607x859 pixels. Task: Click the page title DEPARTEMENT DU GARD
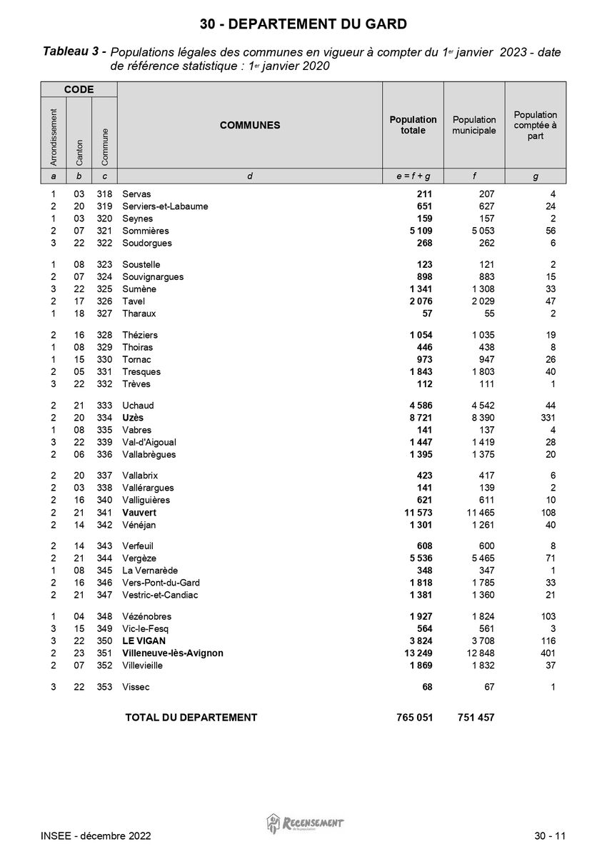(303, 24)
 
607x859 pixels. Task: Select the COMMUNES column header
(250, 125)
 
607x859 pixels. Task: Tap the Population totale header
(413, 125)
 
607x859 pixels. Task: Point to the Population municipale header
(474, 125)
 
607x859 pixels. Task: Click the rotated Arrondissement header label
(54, 132)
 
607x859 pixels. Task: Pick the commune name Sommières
(146, 231)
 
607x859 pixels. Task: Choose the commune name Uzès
(133, 418)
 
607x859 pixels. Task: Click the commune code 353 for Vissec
(104, 687)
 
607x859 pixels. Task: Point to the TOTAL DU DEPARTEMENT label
(191, 718)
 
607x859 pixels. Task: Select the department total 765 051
(414, 718)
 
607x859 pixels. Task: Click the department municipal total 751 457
(476, 718)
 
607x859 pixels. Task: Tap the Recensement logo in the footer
(305, 823)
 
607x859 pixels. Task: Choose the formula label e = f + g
(413, 176)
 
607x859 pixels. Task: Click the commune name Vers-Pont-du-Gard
(160, 583)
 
